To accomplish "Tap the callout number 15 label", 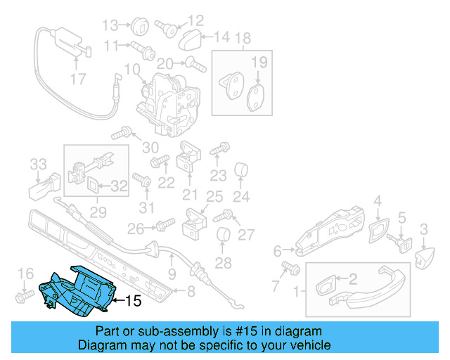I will click(x=133, y=302).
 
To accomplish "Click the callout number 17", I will click(x=77, y=79).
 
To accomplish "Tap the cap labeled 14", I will click(x=187, y=39).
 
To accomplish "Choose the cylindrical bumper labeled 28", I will click(x=223, y=236).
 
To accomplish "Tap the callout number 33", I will click(x=38, y=165).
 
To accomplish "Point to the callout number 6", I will click(x=277, y=250).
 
